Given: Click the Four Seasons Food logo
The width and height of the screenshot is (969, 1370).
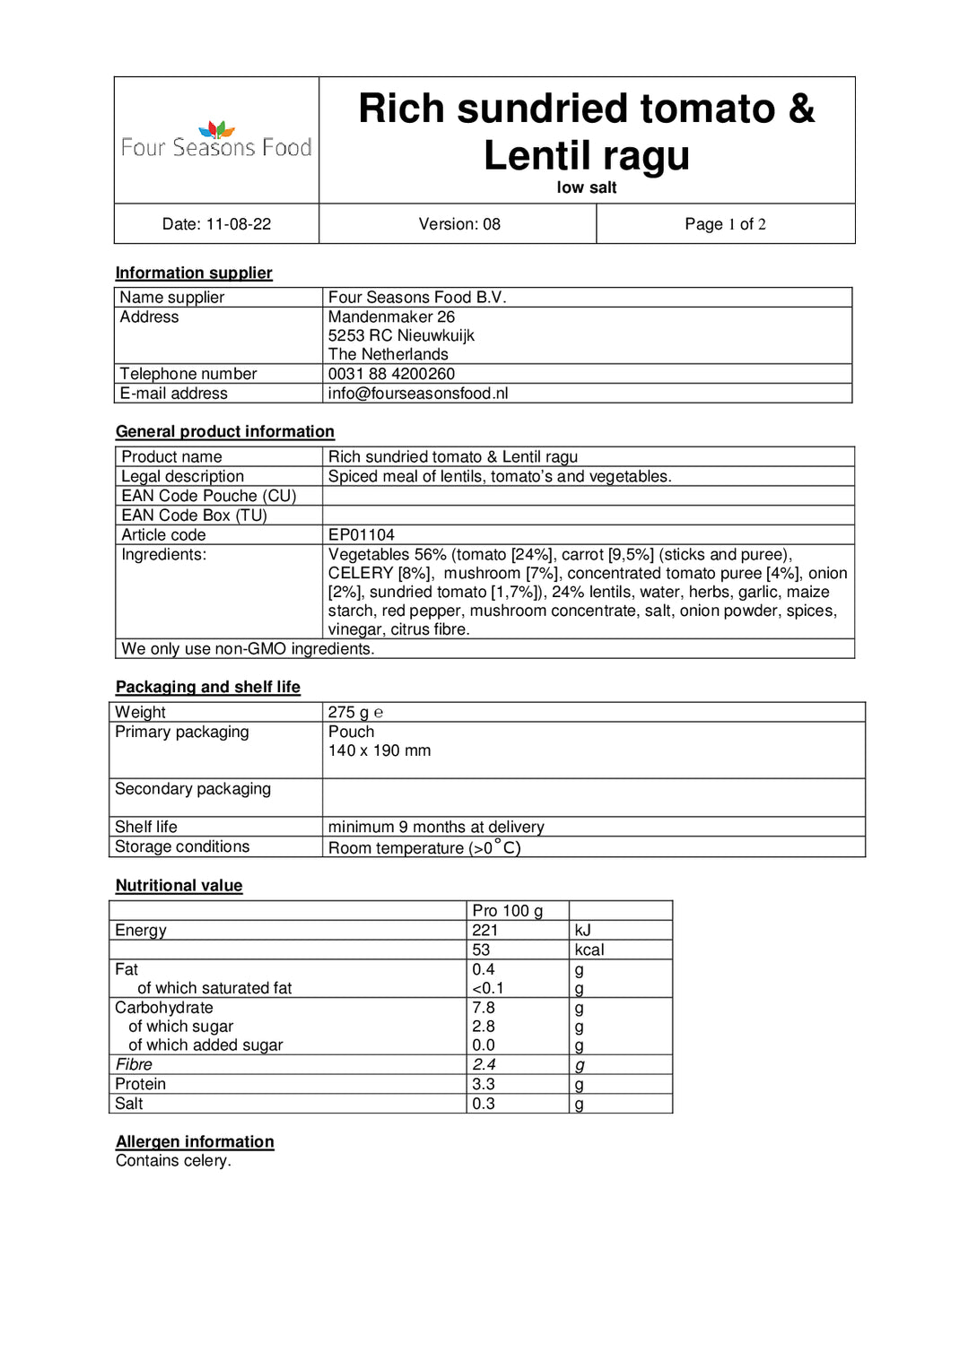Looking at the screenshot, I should [216, 141].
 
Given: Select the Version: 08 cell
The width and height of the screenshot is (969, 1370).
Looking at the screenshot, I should [458, 224].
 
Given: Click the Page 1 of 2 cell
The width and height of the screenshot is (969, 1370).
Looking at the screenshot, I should [725, 224].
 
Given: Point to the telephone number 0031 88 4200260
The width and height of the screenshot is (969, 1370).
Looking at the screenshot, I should [391, 374].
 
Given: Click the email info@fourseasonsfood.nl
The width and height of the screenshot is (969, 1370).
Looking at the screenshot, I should [417, 394].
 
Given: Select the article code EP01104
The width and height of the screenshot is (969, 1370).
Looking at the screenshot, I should [361, 535].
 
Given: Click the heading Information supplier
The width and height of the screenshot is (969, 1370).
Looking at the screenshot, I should [194, 273].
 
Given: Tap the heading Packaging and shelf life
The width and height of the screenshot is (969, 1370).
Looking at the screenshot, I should [207, 687].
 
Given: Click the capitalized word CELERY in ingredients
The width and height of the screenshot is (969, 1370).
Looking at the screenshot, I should [361, 574].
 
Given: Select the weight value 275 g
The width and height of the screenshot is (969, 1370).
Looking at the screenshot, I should [348, 713].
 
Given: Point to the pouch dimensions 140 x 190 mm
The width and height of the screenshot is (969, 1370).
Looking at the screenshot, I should [379, 751].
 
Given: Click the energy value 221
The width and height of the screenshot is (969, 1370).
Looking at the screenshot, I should [484, 931].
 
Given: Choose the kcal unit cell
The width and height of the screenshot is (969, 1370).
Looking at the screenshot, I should [589, 950].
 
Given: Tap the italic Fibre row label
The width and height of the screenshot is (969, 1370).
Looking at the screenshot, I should [134, 1065].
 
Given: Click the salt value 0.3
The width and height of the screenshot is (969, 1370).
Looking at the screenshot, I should [483, 1104].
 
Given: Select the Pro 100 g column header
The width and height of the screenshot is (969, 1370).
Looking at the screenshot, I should [507, 911].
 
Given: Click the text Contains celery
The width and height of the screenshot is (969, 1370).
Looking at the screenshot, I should [173, 1161].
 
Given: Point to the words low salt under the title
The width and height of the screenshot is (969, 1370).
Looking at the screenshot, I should [586, 187].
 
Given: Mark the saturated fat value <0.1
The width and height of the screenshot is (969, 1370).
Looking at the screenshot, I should [488, 988].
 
